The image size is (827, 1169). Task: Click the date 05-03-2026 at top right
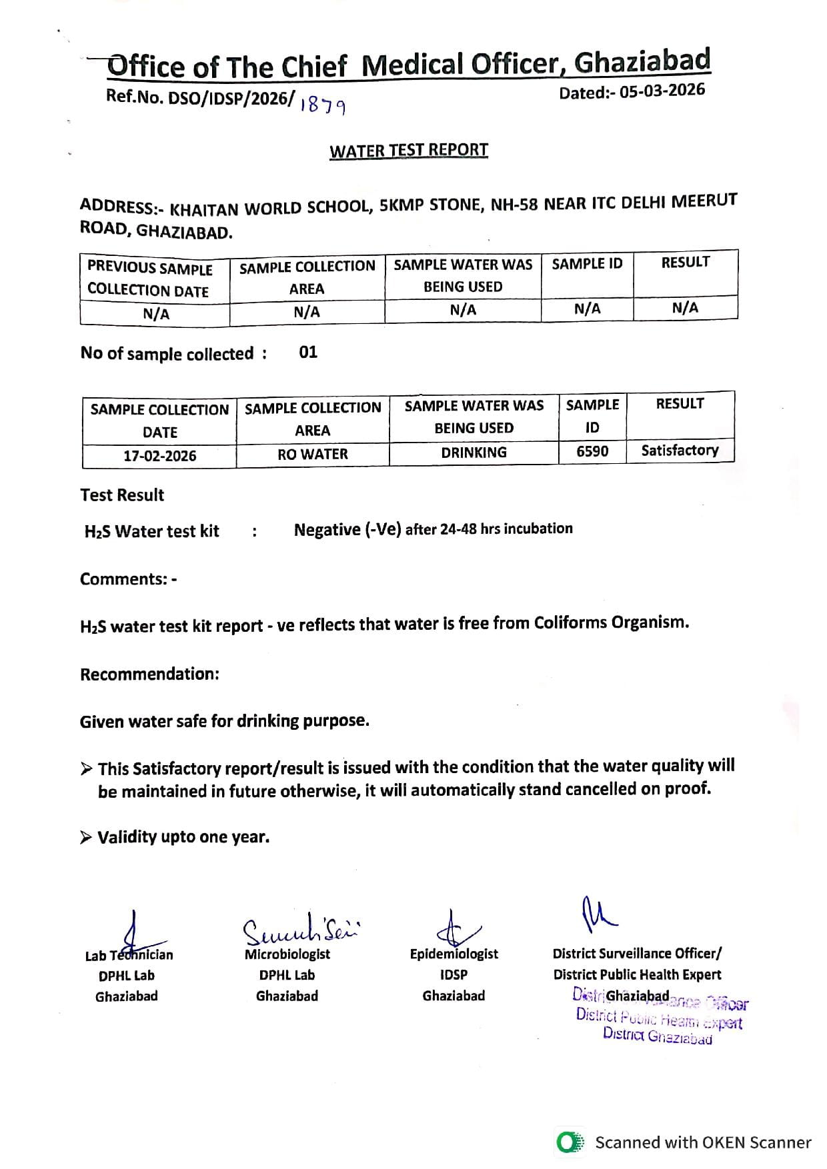(662, 91)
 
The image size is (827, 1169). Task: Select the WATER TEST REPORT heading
(409, 150)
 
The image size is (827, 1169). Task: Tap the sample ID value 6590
(592, 452)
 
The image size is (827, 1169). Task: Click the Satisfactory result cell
(680, 451)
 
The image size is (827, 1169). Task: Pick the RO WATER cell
(313, 454)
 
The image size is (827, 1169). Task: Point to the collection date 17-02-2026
(160, 456)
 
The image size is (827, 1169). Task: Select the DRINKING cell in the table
(474, 453)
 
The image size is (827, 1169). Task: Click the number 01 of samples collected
(308, 353)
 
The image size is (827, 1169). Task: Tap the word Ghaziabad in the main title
(642, 61)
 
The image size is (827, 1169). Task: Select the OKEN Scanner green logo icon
(570, 1142)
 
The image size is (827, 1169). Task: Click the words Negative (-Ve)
(347, 530)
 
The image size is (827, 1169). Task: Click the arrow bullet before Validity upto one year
(86, 838)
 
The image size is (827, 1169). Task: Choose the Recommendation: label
(149, 674)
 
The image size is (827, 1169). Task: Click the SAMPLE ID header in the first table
(587, 264)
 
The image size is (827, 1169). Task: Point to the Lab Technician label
(129, 956)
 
